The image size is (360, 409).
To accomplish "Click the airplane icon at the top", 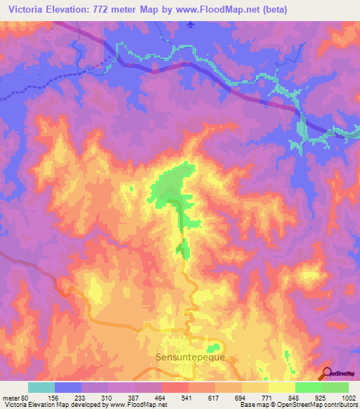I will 191,25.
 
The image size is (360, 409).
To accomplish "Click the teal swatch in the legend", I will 41,387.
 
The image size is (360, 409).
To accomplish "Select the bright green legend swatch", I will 308,387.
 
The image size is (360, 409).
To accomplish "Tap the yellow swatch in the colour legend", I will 281,387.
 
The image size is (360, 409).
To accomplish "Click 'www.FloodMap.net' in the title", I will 216,9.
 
